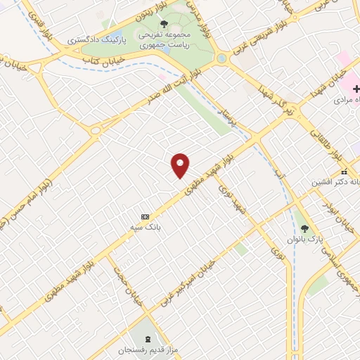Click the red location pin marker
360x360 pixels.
click(x=181, y=165)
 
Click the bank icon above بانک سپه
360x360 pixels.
click(x=146, y=216)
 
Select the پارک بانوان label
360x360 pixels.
click(x=304, y=240)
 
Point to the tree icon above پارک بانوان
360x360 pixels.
click(x=304, y=228)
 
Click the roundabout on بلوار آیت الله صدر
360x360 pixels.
click(x=96, y=130)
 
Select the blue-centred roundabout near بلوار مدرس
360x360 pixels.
click(x=222, y=58)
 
